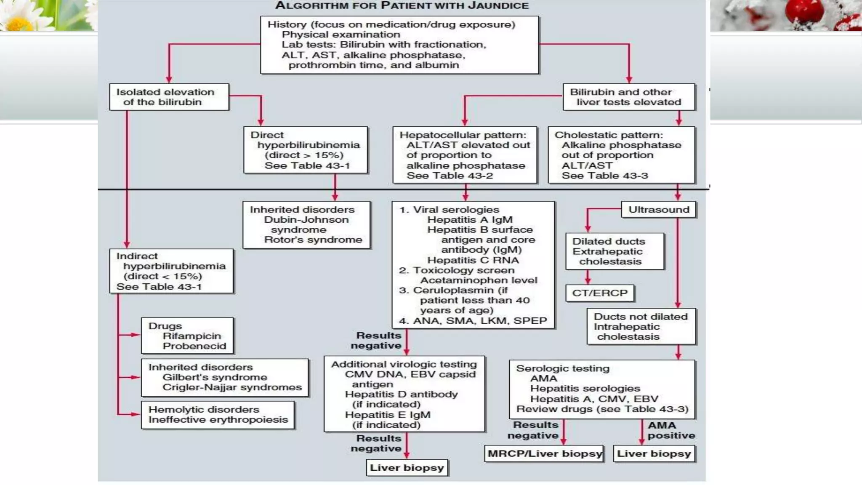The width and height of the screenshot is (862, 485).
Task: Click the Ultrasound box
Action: pyautogui.click(x=659, y=210)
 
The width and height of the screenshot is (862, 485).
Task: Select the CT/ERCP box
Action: pyautogui.click(x=600, y=293)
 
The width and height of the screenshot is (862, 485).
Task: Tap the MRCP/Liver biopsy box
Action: pyautogui.click(x=544, y=454)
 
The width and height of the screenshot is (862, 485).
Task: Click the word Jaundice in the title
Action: pyautogui.click(x=498, y=6)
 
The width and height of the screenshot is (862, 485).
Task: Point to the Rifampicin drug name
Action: pyautogui.click(x=192, y=336)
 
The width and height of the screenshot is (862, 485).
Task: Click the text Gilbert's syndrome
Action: pyautogui.click(x=215, y=377)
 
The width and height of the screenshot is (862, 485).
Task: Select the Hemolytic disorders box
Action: pyautogui.click(x=218, y=415)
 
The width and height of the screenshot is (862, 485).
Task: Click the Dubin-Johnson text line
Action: pyautogui.click(x=306, y=220)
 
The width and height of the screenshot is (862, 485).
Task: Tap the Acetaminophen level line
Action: pyautogui.click(x=479, y=280)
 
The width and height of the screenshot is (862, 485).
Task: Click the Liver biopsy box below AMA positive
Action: pyautogui.click(x=654, y=454)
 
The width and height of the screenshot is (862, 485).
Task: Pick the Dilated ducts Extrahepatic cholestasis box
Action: pyautogui.click(x=615, y=251)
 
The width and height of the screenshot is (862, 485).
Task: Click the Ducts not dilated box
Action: pyautogui.click(x=641, y=327)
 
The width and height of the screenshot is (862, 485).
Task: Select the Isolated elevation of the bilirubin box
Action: pyautogui.click(x=169, y=97)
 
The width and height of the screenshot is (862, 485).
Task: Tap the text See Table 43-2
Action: pyautogui.click(x=449, y=176)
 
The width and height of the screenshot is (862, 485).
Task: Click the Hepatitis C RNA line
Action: pyautogui.click(x=473, y=260)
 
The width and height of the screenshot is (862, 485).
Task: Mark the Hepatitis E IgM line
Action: pyautogui.click(x=387, y=415)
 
